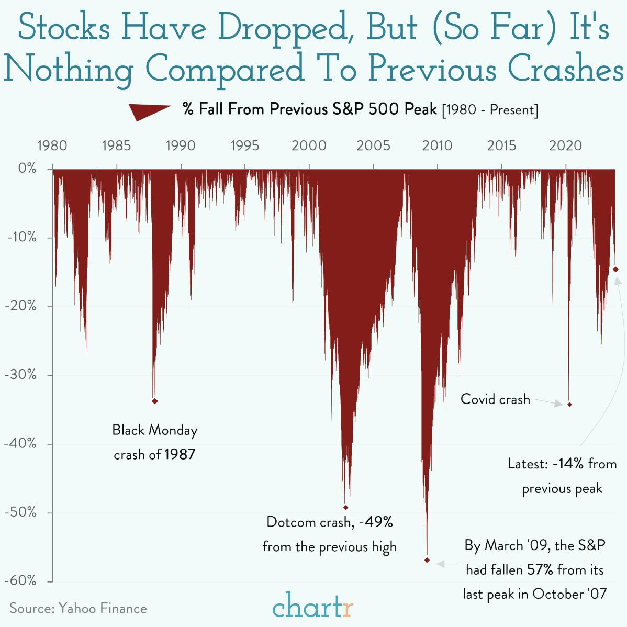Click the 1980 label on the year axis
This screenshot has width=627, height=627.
coord(52,145)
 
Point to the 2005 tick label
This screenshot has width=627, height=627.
coord(373,145)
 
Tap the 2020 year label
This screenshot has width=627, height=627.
coord(565,145)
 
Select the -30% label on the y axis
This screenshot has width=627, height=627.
coord(21,375)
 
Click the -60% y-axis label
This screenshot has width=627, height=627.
coord(21,580)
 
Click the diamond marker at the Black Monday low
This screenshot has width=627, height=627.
coord(154,401)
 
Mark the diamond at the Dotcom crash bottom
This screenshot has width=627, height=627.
coord(345,507)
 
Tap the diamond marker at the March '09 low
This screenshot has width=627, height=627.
coord(427,560)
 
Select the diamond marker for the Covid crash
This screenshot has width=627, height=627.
coord(569,405)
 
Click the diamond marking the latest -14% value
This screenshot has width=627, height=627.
coord(616,270)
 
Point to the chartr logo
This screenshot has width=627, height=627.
coord(313,607)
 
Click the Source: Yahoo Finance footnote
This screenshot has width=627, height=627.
coord(78,608)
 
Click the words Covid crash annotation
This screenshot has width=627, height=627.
coord(495,399)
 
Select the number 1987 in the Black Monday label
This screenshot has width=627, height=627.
coord(180,454)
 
